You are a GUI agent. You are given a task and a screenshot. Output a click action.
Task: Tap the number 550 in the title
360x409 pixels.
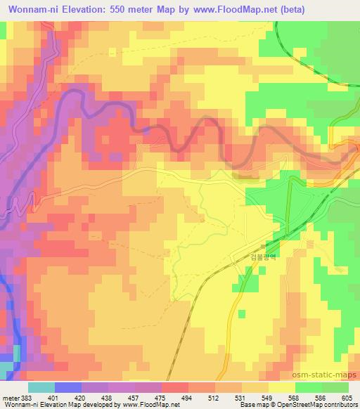point(130,10)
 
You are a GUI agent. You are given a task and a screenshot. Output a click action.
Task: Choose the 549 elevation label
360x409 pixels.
point(266,398)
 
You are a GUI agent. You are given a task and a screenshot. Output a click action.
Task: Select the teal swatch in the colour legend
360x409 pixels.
point(41,387)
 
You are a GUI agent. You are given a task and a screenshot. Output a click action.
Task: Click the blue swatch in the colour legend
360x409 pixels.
point(67,387)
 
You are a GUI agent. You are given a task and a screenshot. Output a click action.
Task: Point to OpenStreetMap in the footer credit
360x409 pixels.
point(328,405)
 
